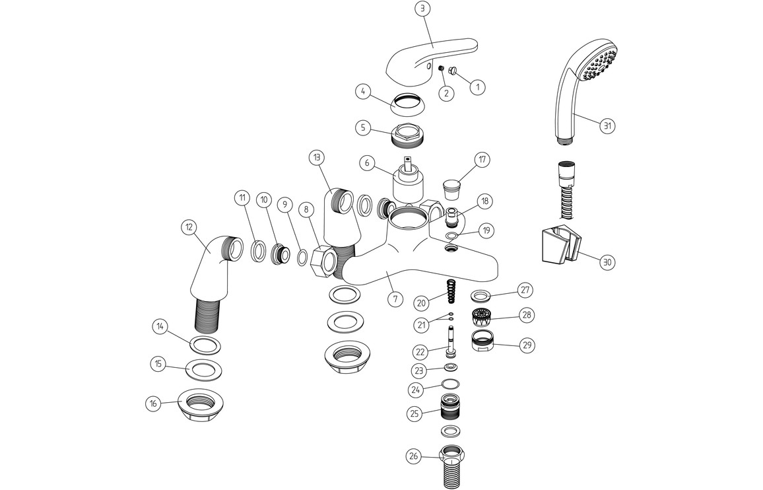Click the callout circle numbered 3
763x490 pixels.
(423, 9)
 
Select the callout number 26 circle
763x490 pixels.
(413, 456)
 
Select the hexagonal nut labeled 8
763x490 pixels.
(324, 260)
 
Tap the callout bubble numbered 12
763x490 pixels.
(189, 228)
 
